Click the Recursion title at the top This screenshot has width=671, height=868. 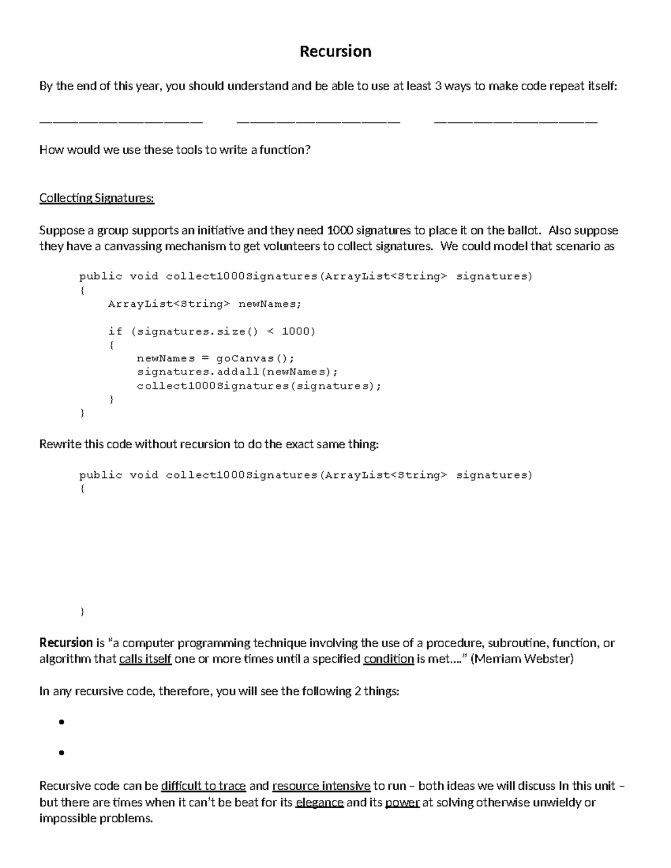335,51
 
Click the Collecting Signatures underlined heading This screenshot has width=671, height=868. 97,198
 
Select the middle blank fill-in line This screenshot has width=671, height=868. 319,120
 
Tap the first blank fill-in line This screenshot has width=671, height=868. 121,120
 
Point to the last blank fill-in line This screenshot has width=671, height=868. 516,120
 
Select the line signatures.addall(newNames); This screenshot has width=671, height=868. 238,372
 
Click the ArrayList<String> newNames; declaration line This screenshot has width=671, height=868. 205,304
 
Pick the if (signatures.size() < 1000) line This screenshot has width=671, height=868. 212,331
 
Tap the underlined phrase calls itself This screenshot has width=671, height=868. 145,659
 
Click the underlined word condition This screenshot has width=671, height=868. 388,659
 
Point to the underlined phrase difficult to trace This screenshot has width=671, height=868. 204,786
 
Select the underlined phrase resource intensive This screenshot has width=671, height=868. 321,786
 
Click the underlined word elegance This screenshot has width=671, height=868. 319,803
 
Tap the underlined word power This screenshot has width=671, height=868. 402,803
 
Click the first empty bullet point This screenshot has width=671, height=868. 62,722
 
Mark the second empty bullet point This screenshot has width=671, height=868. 62,753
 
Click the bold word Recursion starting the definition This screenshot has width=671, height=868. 66,643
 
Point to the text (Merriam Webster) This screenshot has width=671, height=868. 522,659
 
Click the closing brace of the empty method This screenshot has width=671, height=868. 83,612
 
